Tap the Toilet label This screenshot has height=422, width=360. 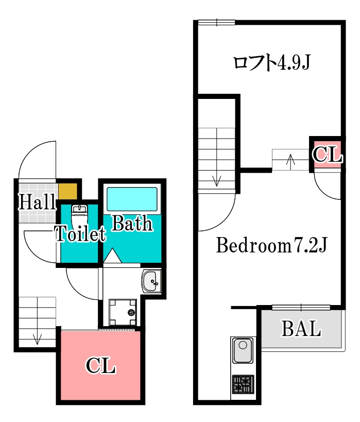80,234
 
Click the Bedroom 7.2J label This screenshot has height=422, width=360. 272,245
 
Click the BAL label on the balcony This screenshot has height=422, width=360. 301,328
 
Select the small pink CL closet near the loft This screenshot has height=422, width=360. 327,155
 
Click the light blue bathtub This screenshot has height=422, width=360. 132,199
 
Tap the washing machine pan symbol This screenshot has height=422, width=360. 123,312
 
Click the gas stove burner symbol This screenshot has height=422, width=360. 243,384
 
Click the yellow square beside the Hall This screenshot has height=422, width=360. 67,191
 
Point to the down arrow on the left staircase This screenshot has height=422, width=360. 37,338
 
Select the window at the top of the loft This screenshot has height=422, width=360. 217,22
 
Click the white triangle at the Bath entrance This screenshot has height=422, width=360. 112,256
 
